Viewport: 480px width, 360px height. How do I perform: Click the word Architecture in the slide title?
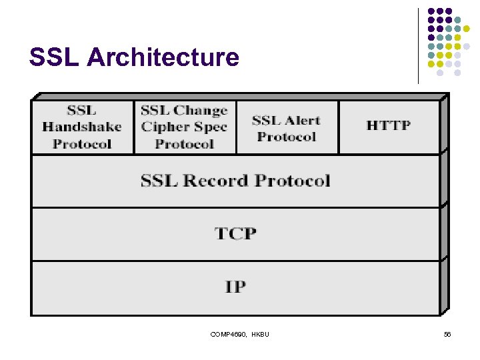click(x=163, y=58)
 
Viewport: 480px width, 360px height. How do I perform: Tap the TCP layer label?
click(x=235, y=233)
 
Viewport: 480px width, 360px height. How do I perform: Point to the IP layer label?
click(x=235, y=287)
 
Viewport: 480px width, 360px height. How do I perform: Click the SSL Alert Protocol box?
click(x=287, y=127)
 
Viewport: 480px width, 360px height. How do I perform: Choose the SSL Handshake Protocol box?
click(x=82, y=127)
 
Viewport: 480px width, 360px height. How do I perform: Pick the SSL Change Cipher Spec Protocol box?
click(x=185, y=127)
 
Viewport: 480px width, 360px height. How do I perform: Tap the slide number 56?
click(x=447, y=334)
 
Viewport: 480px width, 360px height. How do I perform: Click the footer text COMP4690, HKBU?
click(x=239, y=334)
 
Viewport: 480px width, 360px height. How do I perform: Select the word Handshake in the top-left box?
click(x=82, y=127)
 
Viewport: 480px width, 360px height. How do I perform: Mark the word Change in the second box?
click(x=201, y=111)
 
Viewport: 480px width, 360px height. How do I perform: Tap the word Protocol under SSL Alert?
click(x=287, y=137)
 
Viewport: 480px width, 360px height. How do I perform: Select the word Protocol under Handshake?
click(x=82, y=143)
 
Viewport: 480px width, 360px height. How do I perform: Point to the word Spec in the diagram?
click(x=211, y=127)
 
